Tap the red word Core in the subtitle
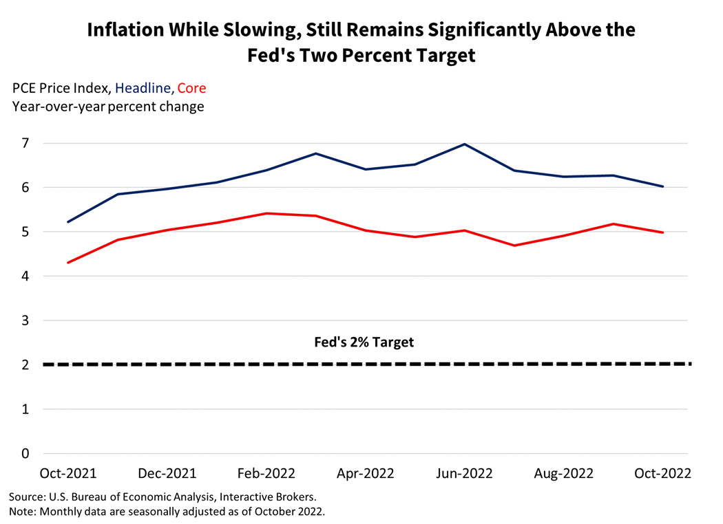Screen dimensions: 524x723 191,88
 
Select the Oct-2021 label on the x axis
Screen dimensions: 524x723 67,474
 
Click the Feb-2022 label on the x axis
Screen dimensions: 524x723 266,474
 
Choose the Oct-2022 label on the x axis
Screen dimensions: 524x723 662,474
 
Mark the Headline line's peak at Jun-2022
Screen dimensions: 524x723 465,144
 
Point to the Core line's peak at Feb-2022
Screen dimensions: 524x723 266,213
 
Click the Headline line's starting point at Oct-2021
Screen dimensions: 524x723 67,222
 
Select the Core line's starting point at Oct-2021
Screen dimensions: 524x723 67,263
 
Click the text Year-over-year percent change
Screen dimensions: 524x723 108,107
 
